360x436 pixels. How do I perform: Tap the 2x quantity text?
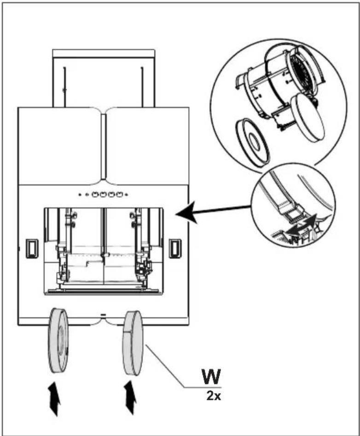point(214,396)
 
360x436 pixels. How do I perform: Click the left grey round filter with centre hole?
point(58,340)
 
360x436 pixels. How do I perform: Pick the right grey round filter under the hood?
point(133,344)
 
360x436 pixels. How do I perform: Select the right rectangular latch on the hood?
point(175,248)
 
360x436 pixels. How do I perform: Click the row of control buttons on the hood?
point(103,195)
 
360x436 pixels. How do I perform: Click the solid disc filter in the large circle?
point(308,117)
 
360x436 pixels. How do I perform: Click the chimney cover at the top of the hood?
point(104,78)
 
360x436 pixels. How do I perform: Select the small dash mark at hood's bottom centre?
point(103,315)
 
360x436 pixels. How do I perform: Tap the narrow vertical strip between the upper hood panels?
point(104,146)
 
